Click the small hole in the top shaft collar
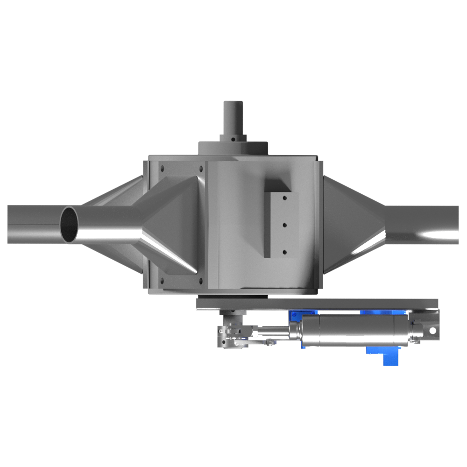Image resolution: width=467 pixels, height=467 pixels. tap(232, 138)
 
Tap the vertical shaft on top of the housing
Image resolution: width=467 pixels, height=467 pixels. tap(232, 119)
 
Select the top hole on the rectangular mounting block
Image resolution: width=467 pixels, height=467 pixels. tap(283, 198)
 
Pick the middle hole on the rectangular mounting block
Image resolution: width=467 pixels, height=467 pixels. tap(283, 225)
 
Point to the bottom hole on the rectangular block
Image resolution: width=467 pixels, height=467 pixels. tap(283, 252)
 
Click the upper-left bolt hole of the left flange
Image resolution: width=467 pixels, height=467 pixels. tap(162, 168)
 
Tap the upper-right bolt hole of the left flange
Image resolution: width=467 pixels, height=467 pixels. tap(201, 168)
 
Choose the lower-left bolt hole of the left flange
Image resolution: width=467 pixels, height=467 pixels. tap(162, 281)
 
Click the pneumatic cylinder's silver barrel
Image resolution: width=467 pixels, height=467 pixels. tap(355, 331)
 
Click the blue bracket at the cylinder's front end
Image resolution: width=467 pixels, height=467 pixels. tap(294, 317)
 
